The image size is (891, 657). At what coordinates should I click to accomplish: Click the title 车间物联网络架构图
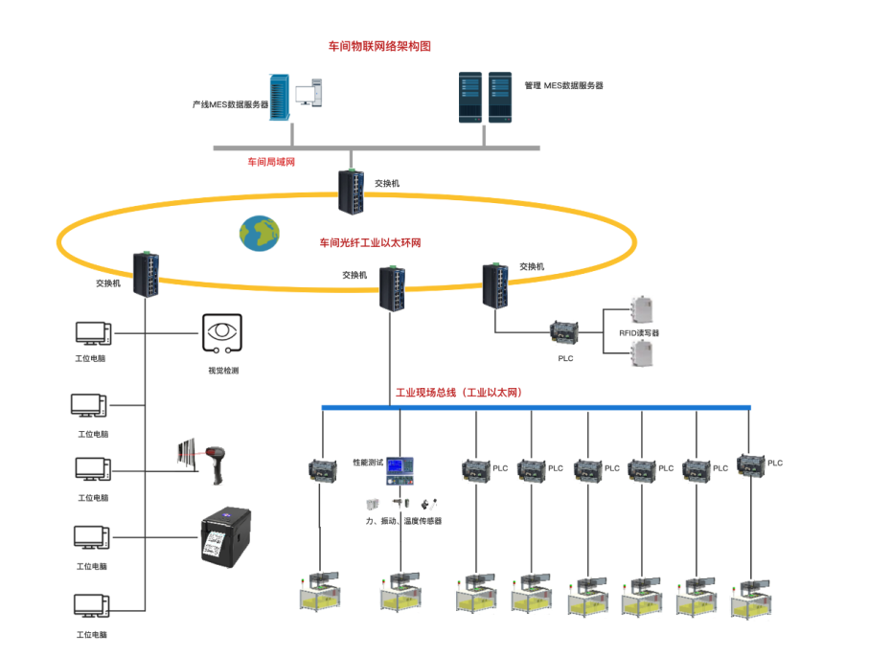click(379, 46)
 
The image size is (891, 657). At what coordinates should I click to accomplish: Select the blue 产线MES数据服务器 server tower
click(280, 97)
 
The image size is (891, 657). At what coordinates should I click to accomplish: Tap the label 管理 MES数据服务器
click(563, 86)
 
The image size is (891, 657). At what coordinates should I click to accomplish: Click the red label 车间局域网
click(271, 162)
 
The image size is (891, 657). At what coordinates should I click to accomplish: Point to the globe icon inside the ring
click(259, 234)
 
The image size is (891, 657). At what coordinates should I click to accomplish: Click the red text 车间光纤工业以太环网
click(370, 243)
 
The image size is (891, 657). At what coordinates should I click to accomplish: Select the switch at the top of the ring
click(352, 192)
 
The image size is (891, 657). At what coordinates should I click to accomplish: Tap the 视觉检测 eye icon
click(222, 333)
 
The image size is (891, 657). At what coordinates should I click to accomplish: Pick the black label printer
click(226, 537)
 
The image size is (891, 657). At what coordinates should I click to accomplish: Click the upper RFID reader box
click(642, 309)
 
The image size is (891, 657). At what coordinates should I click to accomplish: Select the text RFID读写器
click(639, 333)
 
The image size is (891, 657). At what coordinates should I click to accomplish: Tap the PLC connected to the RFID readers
click(564, 332)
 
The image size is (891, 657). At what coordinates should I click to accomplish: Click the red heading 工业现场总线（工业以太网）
click(459, 393)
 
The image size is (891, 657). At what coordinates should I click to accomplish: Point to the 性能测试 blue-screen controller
click(400, 471)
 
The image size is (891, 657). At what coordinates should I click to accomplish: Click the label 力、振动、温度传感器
click(403, 521)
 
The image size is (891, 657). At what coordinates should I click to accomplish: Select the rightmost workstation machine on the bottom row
click(751, 598)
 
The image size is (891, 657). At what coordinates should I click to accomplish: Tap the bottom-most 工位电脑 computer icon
click(91, 606)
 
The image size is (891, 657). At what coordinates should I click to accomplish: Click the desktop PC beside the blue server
click(308, 93)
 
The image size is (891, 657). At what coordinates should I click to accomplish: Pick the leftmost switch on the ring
click(146, 275)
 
